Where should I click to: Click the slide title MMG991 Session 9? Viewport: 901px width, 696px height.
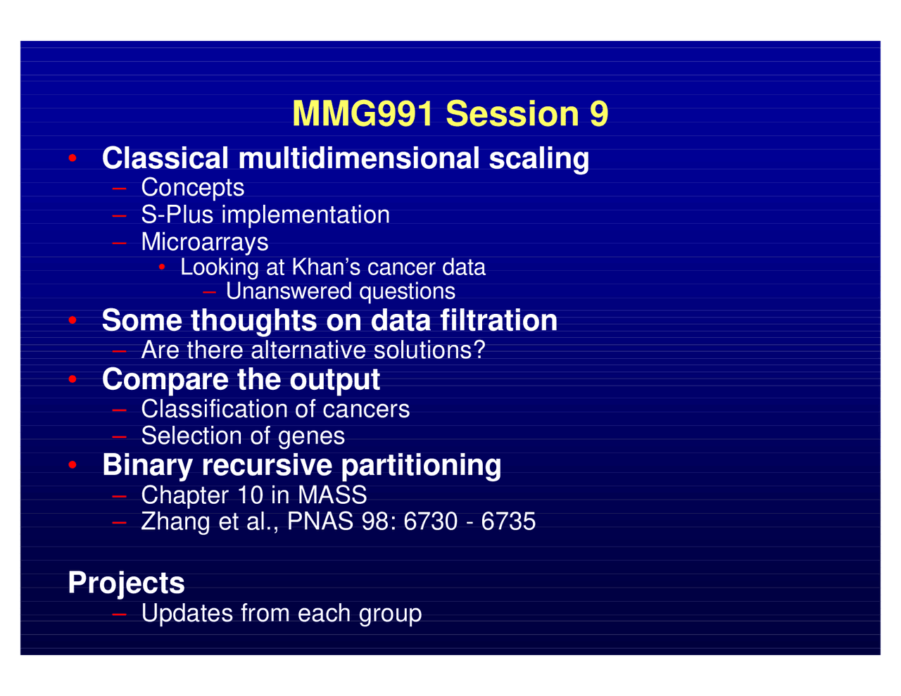click(450, 114)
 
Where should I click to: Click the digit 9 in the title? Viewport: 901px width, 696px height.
click(598, 114)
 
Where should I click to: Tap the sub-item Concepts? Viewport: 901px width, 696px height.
click(192, 188)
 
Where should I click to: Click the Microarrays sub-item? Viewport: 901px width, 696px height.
click(204, 242)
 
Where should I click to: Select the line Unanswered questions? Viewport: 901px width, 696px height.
click(340, 291)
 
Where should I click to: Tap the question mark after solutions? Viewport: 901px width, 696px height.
click(479, 350)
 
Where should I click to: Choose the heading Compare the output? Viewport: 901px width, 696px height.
click(241, 379)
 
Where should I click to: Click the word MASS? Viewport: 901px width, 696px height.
click(332, 495)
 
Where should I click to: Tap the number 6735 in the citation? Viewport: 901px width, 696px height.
click(508, 521)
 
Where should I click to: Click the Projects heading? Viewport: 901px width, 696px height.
click(126, 583)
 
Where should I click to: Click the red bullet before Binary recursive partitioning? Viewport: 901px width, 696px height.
click(72, 465)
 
